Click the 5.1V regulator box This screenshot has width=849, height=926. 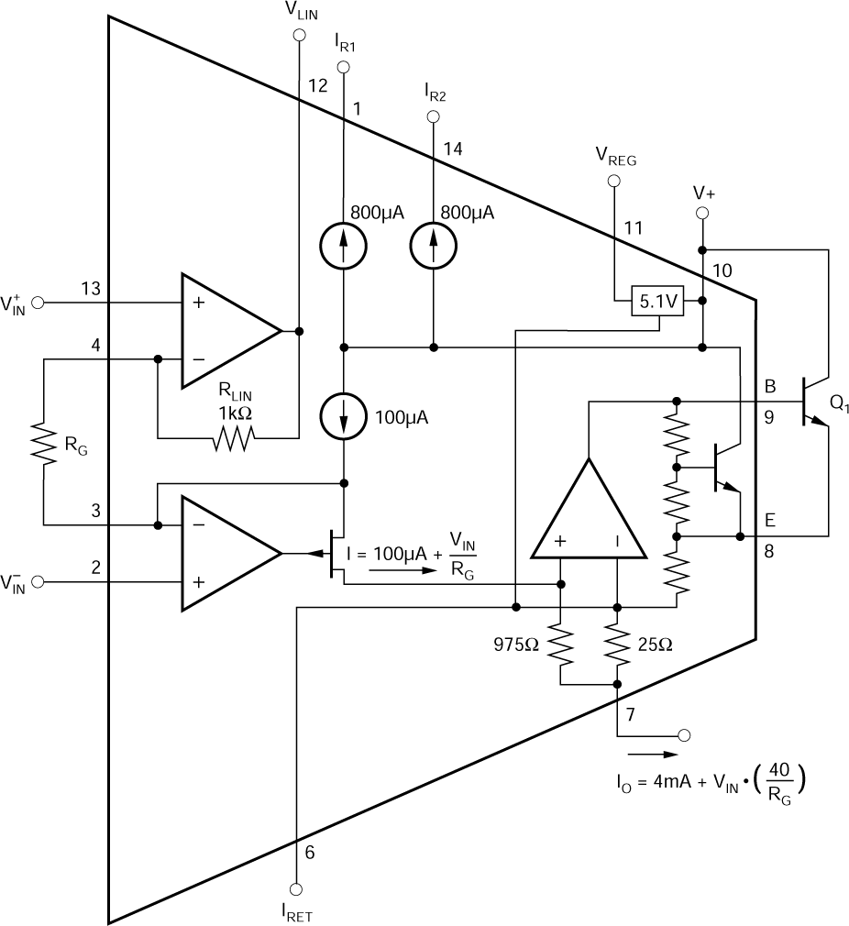click(656, 301)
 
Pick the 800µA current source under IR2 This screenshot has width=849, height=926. click(432, 245)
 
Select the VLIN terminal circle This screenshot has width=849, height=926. click(297, 35)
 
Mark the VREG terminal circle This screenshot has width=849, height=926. click(612, 181)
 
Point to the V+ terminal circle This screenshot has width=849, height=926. click(702, 213)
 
